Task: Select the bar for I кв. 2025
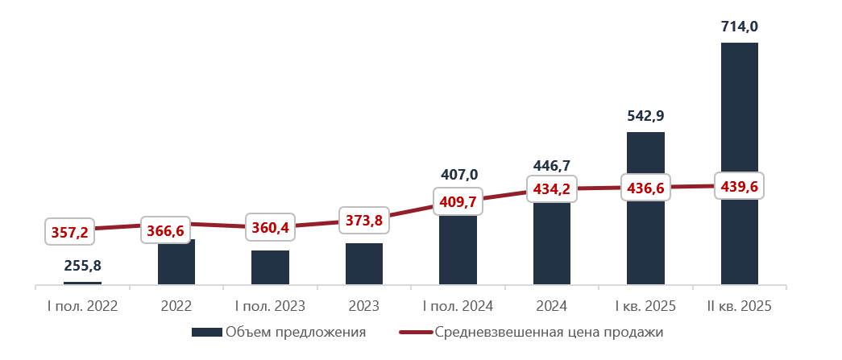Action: pos(645,242)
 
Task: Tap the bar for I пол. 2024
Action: pos(458,250)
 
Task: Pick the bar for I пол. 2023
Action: pos(270,267)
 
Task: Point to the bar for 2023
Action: pos(364,263)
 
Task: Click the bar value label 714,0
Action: pos(739,27)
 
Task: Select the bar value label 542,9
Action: pos(645,116)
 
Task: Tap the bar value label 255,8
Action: pos(82,265)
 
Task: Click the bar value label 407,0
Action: pos(458,175)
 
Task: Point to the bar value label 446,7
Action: pos(552,166)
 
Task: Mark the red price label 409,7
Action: pos(458,201)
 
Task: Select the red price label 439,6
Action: pos(739,186)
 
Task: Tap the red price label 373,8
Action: pos(364,217)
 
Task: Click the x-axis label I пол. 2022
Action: pos(82,306)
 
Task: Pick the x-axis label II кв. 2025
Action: pos(739,306)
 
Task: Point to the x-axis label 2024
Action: pos(552,306)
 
